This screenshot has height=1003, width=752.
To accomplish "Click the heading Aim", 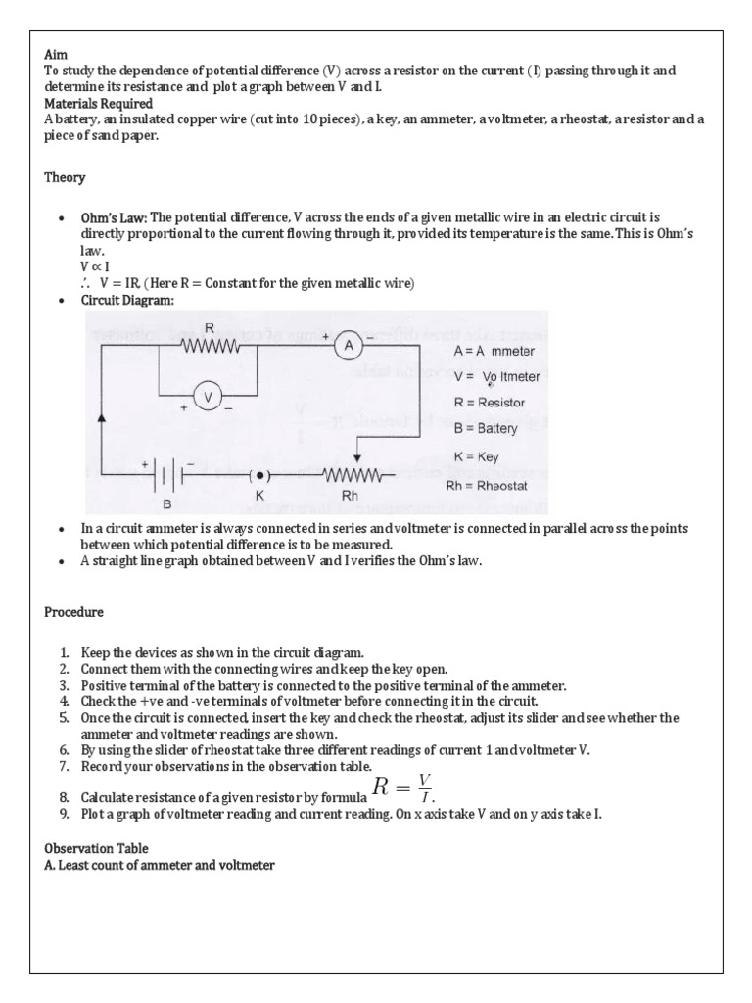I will [x=55, y=56].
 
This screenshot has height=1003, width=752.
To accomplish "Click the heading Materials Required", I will [x=98, y=103].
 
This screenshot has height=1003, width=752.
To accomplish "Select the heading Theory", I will [x=65, y=177].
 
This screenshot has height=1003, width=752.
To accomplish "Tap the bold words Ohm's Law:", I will [x=114, y=217].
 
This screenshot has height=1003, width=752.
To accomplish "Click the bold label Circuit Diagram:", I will [x=127, y=300].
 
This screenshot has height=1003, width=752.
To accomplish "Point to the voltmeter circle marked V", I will [x=207, y=396].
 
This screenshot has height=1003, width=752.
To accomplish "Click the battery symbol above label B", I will [x=167, y=477].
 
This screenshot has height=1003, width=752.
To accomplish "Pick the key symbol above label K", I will [x=259, y=476].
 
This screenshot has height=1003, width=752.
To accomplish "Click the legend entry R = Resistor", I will [x=490, y=403].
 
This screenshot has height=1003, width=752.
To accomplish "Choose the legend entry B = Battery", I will [x=487, y=428].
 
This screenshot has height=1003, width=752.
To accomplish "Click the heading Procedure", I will [x=73, y=612].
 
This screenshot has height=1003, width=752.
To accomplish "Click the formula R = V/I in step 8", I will [x=402, y=786].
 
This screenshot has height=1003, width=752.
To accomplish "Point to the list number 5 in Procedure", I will [x=64, y=718].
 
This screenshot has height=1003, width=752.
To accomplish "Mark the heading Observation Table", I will [x=97, y=848].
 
